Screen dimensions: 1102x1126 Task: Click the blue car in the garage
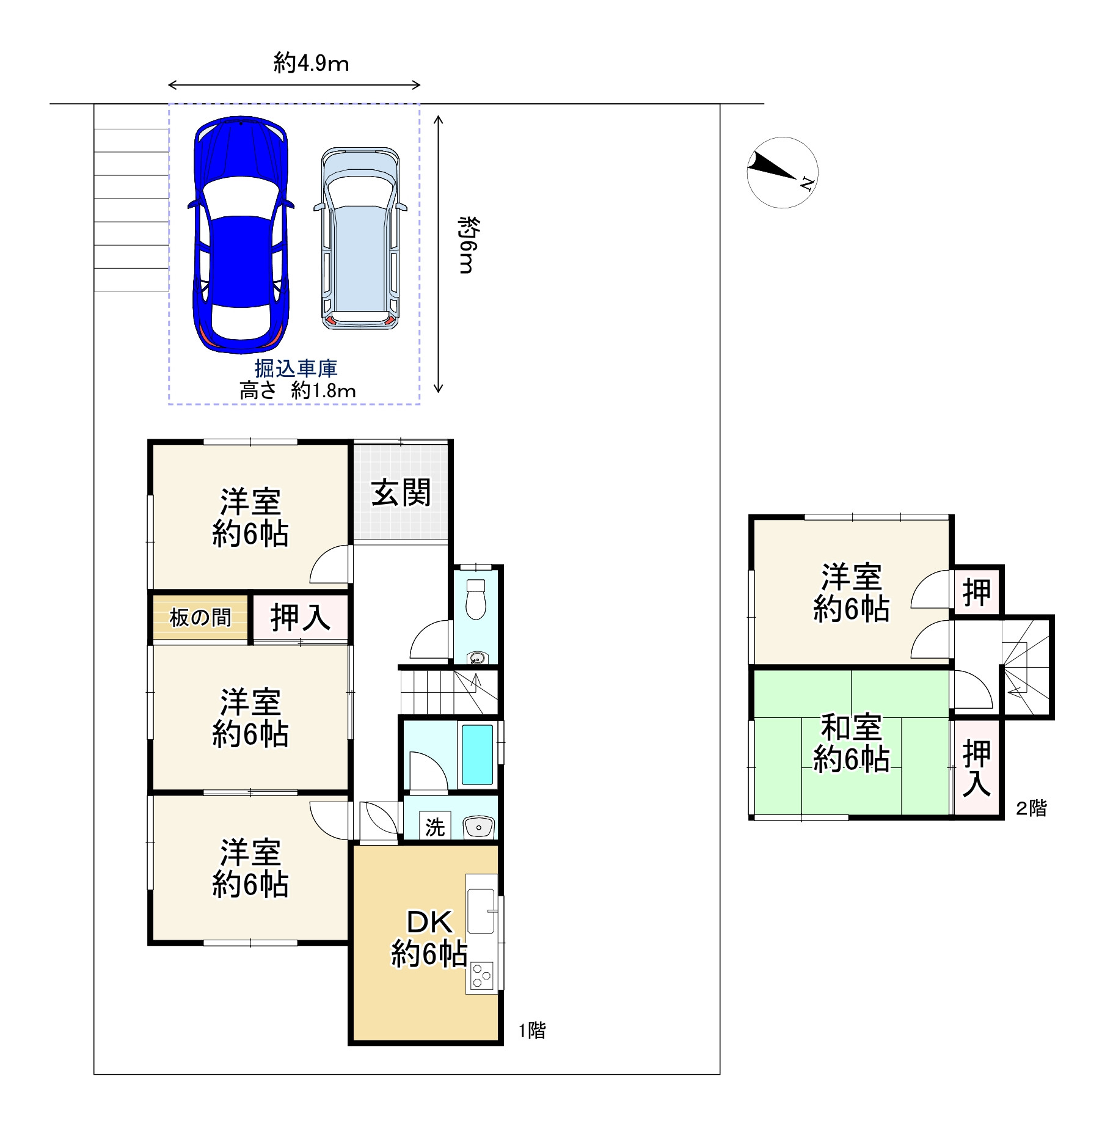point(241,236)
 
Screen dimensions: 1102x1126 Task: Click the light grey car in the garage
point(360,239)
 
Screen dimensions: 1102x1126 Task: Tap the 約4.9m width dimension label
point(311,63)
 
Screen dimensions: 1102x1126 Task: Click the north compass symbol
point(782,172)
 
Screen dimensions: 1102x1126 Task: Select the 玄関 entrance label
point(401,493)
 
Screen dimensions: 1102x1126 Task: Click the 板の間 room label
point(200,618)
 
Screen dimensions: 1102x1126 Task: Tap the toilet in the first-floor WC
point(475,599)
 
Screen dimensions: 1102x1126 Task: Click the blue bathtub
point(477,755)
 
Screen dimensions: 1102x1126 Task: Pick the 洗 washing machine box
point(435,827)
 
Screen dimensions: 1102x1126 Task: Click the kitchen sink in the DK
point(481,905)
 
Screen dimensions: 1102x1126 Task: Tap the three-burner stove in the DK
point(482,976)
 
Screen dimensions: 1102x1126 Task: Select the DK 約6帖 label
point(429,939)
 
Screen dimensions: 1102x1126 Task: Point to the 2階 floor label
point(1031,808)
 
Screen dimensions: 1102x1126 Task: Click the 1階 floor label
point(532,1030)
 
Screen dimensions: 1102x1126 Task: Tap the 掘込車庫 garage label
point(296,368)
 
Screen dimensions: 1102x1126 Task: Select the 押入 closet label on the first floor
point(301,617)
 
